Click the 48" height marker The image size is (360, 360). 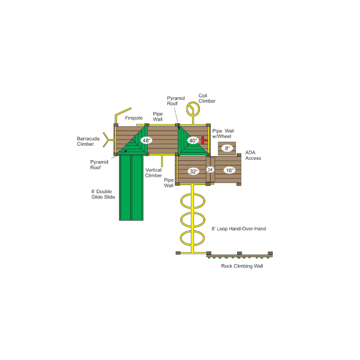point(146,140)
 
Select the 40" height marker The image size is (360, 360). point(193,140)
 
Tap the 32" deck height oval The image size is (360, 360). point(193,171)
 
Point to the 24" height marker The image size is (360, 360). point(210,170)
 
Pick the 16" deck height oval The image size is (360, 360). point(229,171)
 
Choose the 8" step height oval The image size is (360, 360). point(227,148)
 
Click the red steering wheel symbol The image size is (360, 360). point(204,140)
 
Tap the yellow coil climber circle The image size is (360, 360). point(193,109)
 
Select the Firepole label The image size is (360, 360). point(134,118)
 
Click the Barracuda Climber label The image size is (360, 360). point(88,141)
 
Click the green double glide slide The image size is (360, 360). point(131,188)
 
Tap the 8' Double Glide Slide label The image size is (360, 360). point(103,194)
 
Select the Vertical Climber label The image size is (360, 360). point(153,173)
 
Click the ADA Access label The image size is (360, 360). point(253,155)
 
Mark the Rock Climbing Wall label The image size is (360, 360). point(242,266)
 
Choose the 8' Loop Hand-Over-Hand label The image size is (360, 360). point(239,229)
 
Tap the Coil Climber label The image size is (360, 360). point(207,98)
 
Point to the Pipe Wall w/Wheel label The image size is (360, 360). point(223,134)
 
